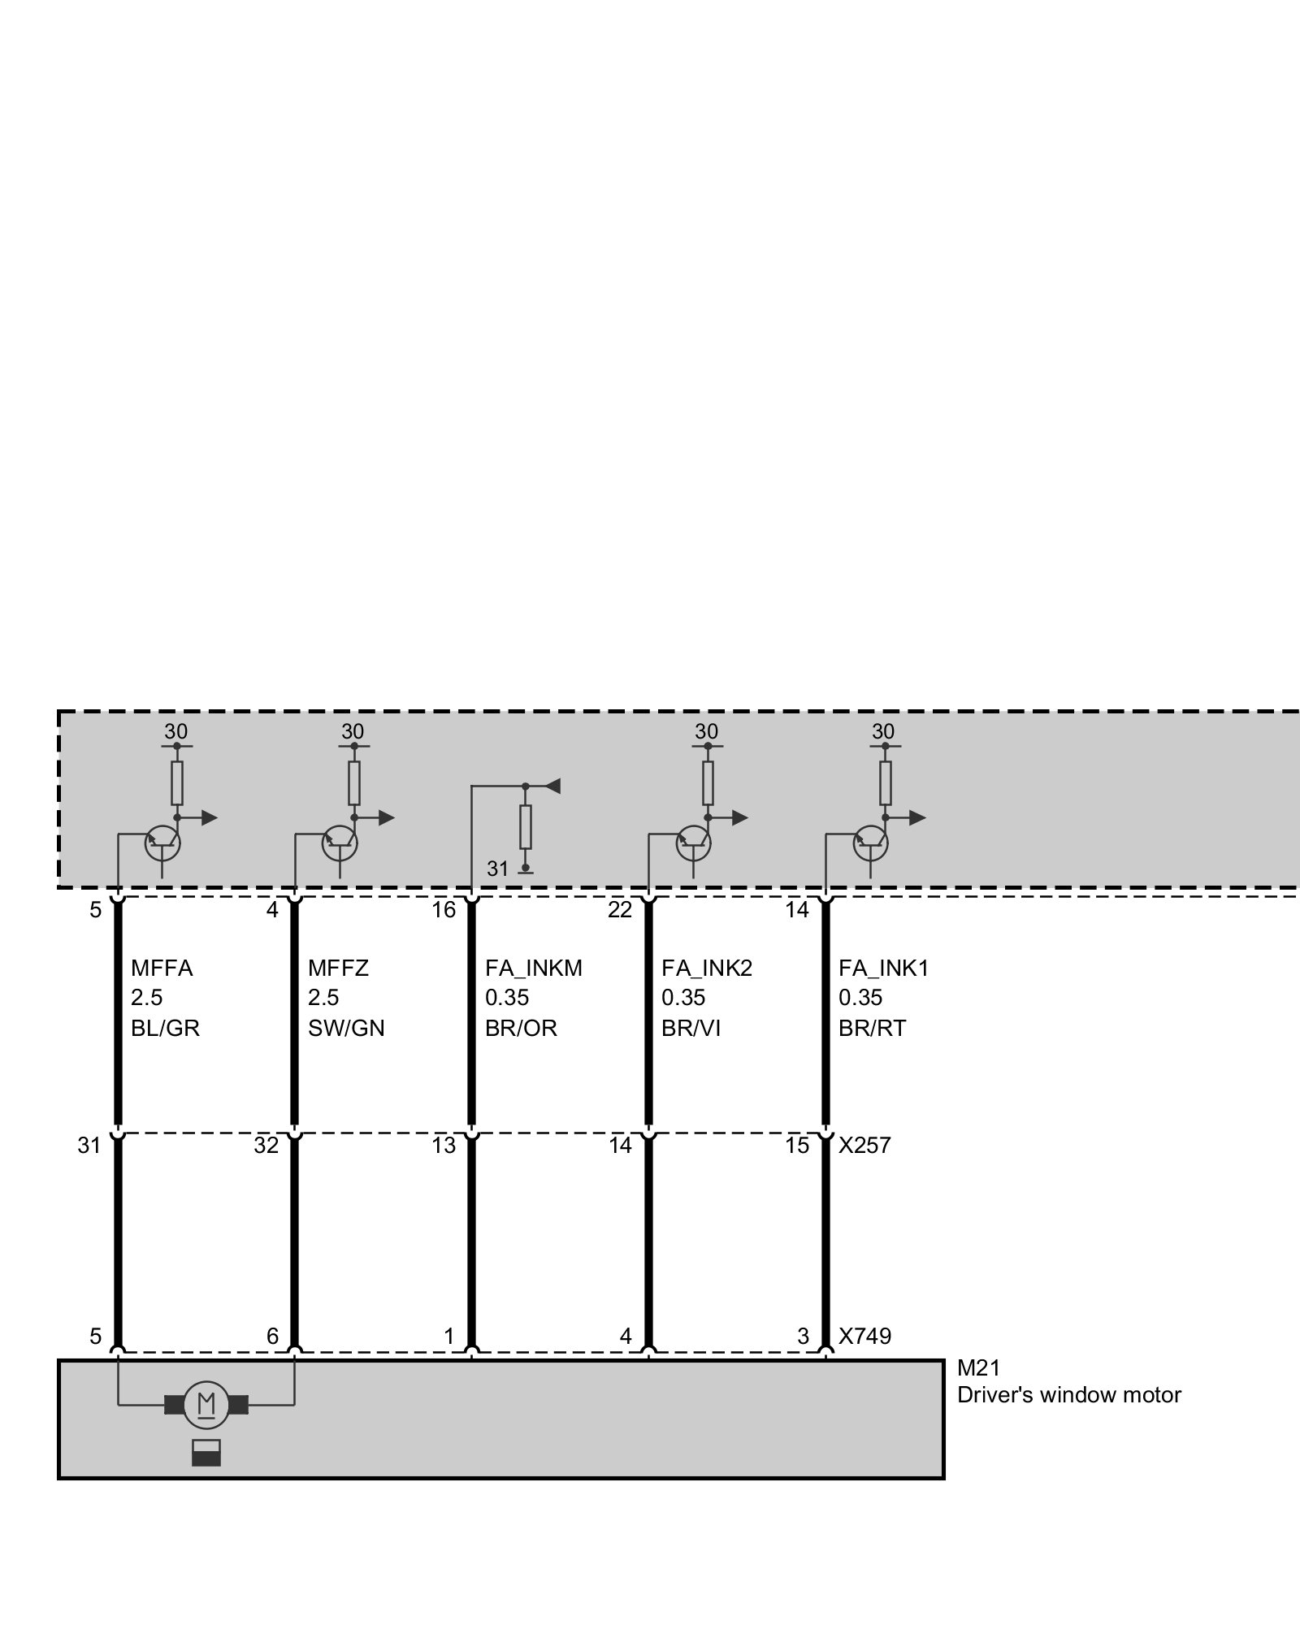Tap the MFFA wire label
(x=162, y=968)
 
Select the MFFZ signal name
(x=338, y=968)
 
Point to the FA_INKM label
(x=534, y=968)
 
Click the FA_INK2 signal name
(x=707, y=968)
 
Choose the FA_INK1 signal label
(x=883, y=968)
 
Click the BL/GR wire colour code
(x=165, y=1029)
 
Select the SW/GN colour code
(x=346, y=1029)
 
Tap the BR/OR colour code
(x=521, y=1029)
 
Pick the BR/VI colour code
(x=691, y=1029)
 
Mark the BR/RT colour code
(x=872, y=1029)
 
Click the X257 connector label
(x=864, y=1146)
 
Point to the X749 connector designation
(x=864, y=1337)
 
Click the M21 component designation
(x=978, y=1370)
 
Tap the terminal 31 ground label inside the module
(x=497, y=869)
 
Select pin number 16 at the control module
(x=444, y=910)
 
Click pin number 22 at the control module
(x=620, y=910)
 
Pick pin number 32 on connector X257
(x=266, y=1146)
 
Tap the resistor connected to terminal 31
(x=526, y=827)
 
